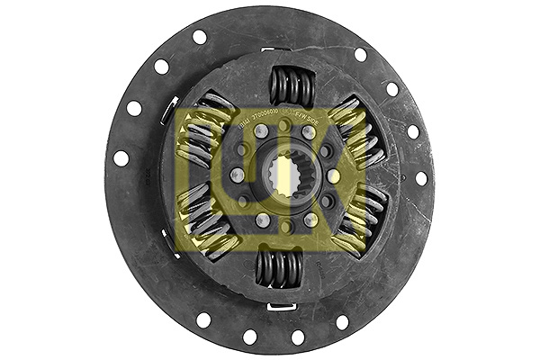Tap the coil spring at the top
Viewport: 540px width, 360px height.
(292, 87)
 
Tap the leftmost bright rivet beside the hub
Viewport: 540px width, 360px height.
(238, 175)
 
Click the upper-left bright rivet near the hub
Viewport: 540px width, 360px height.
(262, 132)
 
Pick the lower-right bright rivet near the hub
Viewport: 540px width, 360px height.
(310, 219)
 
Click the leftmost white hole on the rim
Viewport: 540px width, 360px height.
(121, 157)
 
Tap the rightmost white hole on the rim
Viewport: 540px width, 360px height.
(421, 178)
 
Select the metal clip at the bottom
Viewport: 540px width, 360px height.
(282, 307)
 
